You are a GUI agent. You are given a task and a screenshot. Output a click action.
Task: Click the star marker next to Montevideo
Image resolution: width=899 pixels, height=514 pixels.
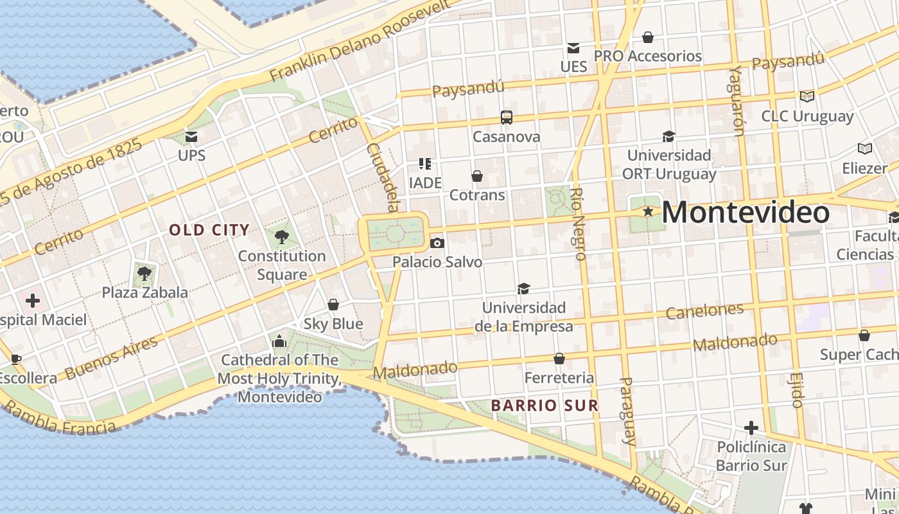(649, 211)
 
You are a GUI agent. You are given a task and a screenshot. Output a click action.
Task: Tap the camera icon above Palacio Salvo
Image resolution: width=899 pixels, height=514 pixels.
(437, 243)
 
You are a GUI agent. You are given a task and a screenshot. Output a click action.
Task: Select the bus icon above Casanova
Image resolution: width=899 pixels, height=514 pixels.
(507, 118)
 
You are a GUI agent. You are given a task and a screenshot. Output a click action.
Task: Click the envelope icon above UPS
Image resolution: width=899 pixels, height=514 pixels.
(191, 136)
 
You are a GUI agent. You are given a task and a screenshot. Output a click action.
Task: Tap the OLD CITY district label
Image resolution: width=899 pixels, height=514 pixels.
(209, 230)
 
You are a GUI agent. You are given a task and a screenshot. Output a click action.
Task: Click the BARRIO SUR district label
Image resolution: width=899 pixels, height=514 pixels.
(545, 405)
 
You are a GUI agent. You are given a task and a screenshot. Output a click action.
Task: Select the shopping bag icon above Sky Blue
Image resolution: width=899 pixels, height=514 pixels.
(333, 305)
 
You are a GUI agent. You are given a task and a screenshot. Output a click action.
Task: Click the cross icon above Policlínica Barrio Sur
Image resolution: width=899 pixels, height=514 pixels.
(751, 428)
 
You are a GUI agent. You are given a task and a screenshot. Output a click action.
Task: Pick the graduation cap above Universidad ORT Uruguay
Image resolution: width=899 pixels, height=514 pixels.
(668, 136)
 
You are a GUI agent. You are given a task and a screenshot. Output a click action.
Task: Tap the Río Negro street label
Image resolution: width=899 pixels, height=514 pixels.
(577, 224)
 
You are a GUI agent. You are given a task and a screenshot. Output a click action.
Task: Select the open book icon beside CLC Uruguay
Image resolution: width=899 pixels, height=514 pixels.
(807, 96)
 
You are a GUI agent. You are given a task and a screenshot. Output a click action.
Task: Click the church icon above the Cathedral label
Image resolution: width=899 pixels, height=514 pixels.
(279, 341)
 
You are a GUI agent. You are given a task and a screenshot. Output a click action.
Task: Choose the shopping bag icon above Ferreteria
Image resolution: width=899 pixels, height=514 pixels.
(559, 359)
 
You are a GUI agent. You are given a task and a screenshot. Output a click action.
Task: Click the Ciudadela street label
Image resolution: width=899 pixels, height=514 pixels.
(383, 177)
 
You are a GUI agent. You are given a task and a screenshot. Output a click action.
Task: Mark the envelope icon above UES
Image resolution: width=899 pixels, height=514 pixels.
(573, 48)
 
